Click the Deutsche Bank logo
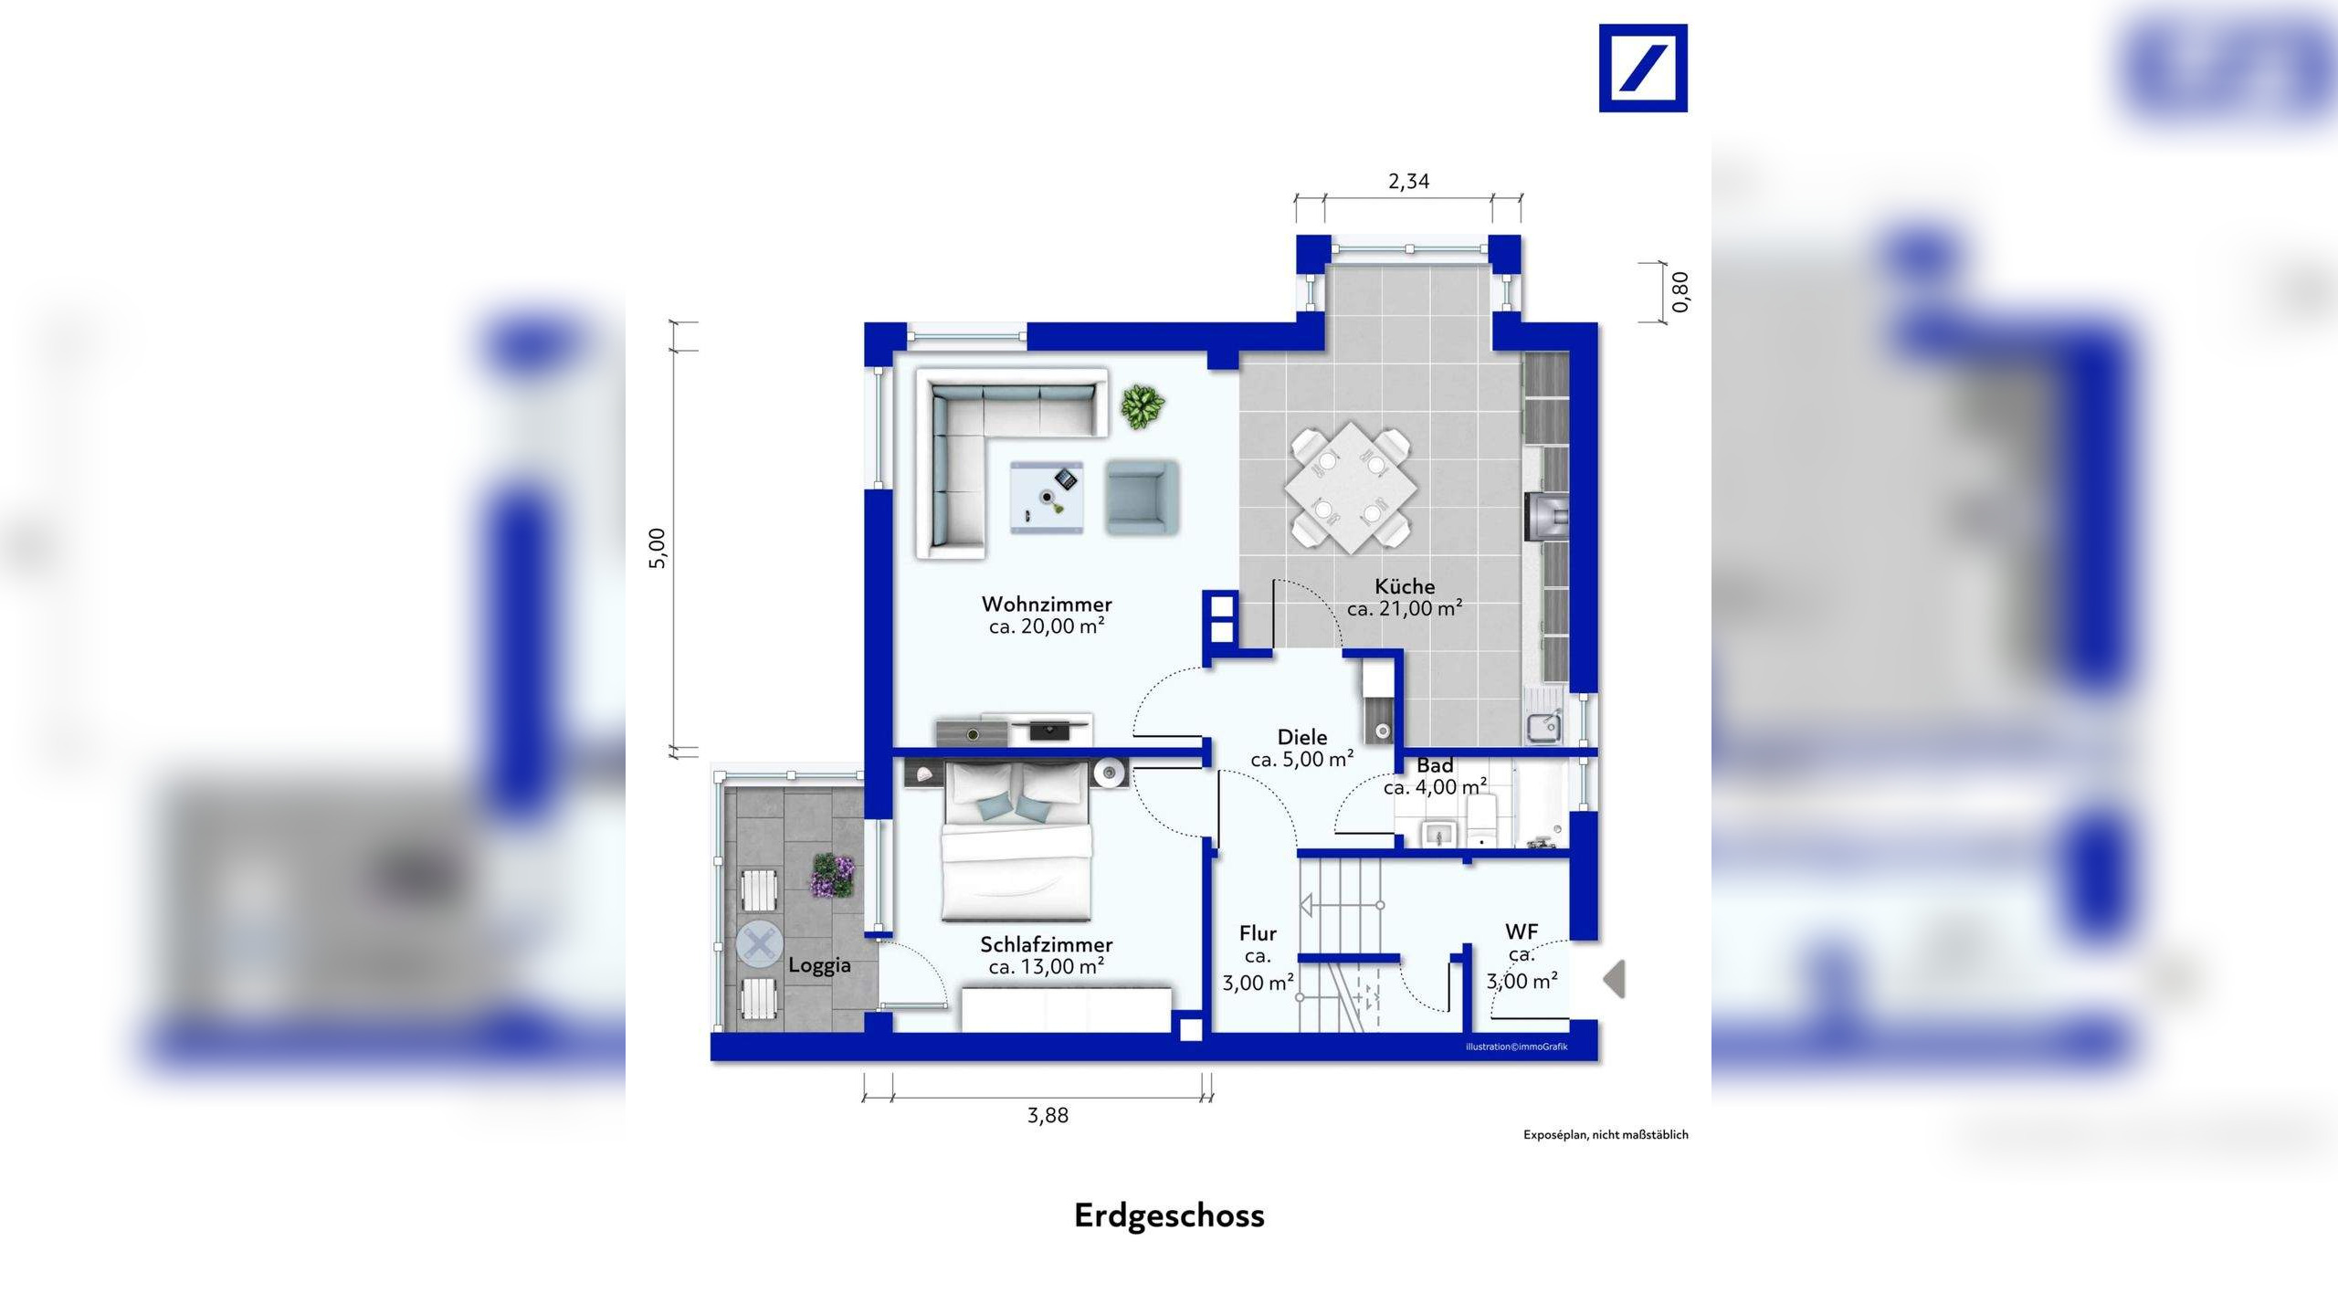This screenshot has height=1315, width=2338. coord(1643,68)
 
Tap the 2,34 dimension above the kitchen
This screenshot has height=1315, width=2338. coord(1408,182)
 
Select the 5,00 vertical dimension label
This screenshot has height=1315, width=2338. coord(658,548)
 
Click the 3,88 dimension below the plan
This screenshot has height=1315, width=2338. coord(1048,1115)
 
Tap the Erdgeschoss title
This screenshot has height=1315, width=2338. coord(1169,1215)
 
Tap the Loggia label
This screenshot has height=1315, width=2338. coord(819,965)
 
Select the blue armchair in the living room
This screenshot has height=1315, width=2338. coord(1142,497)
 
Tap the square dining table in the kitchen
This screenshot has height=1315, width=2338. coord(1351,488)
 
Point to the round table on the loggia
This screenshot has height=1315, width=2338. coord(759,945)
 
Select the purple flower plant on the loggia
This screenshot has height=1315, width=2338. coord(832,876)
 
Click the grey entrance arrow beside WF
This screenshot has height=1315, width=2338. coord(1615,979)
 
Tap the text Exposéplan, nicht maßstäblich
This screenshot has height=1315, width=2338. coord(1606,1135)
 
